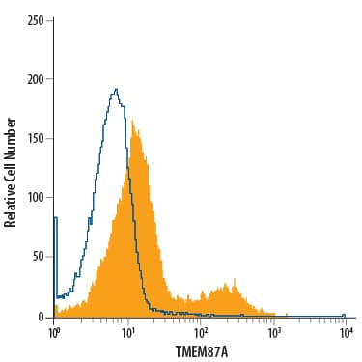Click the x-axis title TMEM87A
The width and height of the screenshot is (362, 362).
point(200,350)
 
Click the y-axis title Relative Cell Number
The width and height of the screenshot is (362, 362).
point(12,172)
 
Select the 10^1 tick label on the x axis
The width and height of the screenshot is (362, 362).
point(127,332)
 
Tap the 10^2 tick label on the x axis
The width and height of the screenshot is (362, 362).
point(201,332)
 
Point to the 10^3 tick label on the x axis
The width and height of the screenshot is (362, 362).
point(273,332)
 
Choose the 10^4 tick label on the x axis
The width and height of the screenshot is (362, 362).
point(347,332)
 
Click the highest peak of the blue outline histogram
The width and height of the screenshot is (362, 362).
point(116,90)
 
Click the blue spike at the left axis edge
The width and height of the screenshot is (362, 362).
point(55,219)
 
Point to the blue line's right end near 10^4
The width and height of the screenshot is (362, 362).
point(344,314)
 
